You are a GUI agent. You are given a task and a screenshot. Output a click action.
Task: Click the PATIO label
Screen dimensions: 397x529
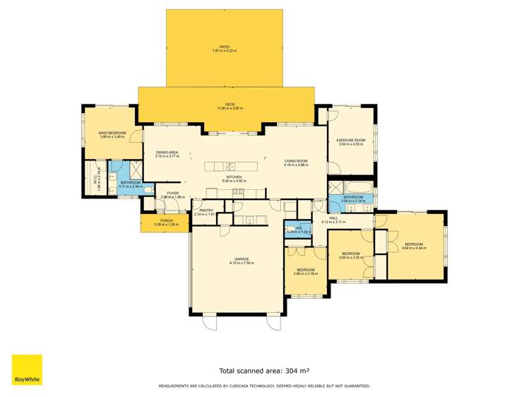pyautogui.click(x=225, y=47)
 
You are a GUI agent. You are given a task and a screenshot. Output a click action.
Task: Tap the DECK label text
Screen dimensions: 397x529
pyautogui.click(x=225, y=104)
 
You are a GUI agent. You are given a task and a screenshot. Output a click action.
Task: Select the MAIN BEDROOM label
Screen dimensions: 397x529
pyautogui.click(x=112, y=133)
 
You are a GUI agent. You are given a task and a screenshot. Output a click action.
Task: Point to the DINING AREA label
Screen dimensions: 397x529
pyautogui.click(x=167, y=152)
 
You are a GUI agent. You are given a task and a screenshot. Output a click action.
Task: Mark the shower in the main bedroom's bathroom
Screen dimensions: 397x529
pyautogui.click(x=121, y=172)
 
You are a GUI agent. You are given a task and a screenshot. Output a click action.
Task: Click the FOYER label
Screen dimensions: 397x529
pyautogui.click(x=172, y=193)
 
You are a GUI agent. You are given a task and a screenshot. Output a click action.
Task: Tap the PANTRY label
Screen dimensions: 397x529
pyautogui.click(x=206, y=210)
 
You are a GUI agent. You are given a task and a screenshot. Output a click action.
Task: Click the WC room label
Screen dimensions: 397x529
pyautogui.click(x=299, y=227)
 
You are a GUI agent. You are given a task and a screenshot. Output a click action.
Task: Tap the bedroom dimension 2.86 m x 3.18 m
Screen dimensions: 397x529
pyautogui.click(x=306, y=273)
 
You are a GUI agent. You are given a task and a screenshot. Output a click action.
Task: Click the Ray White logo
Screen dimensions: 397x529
pyautogui.click(x=27, y=370)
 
